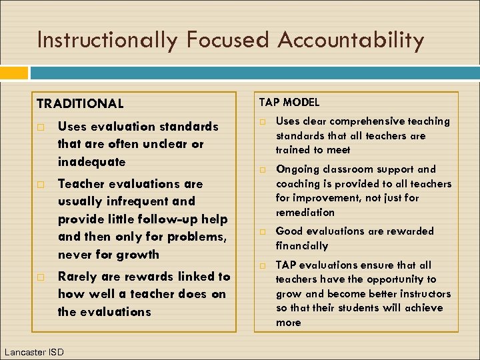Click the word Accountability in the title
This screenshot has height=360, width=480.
tap(351, 41)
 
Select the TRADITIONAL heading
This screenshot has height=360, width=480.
tap(80, 104)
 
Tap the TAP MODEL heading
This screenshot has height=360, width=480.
tap(289, 102)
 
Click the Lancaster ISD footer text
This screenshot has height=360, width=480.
tap(34, 351)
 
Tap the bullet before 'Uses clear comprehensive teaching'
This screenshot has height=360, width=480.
tap(263, 122)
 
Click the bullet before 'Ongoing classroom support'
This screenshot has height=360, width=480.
tap(263, 170)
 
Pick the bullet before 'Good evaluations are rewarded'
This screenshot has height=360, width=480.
tap(263, 232)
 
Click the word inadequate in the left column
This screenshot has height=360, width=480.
tap(91, 162)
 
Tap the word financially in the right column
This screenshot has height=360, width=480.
tap(302, 245)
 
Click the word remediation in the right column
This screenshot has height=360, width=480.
tap(305, 212)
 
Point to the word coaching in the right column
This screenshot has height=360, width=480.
tap(298, 184)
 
